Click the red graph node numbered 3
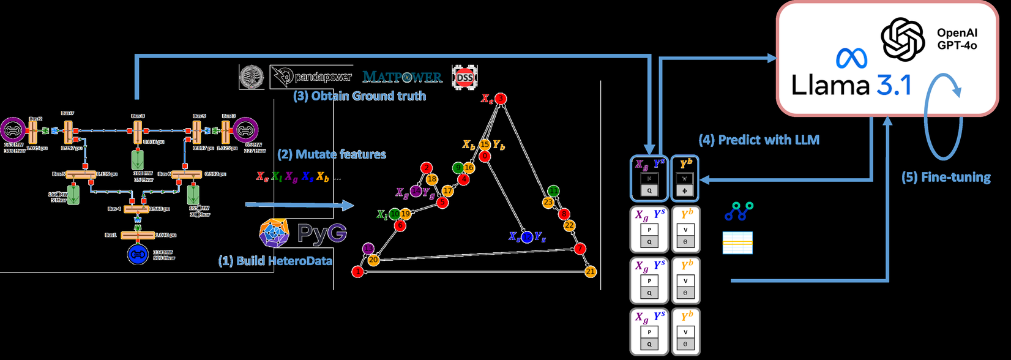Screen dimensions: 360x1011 [501, 99]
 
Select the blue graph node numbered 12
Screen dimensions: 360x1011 [526, 237]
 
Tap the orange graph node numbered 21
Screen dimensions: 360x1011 [590, 271]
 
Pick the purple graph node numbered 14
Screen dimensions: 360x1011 [416, 192]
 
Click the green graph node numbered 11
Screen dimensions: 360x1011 [553, 191]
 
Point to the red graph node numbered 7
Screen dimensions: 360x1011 [580, 249]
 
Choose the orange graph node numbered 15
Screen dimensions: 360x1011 [485, 144]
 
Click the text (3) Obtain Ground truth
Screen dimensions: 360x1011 [359, 96]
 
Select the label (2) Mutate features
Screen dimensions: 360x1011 [332, 154]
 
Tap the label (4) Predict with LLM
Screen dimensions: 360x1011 [759, 140]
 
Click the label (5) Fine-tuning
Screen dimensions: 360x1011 [946, 178]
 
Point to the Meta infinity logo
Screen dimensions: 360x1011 [851, 59]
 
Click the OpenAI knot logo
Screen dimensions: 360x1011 [903, 39]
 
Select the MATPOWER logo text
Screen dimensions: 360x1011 [402, 77]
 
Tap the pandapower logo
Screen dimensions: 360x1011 [312, 77]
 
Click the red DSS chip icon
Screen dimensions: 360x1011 [464, 78]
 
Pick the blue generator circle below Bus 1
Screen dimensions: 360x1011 [138, 254]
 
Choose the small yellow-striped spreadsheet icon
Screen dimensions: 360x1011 [737, 242]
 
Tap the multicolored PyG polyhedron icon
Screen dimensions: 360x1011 [274, 233]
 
